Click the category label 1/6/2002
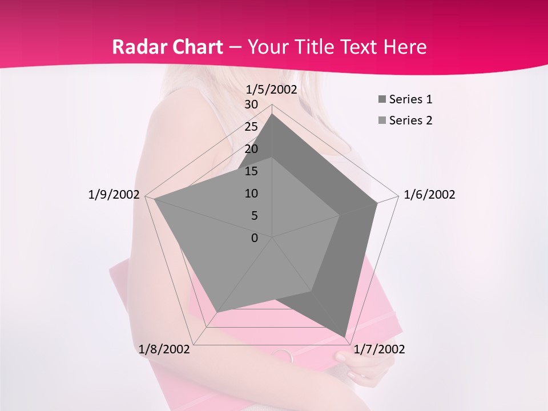(429, 195)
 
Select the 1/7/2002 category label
(379, 349)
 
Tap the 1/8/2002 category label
(164, 349)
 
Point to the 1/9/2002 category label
(114, 195)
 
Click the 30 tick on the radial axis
(251, 104)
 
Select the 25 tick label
(251, 127)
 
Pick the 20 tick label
(251, 149)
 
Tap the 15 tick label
(251, 171)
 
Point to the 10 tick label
(251, 194)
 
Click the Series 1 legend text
(410, 99)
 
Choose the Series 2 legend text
(410, 120)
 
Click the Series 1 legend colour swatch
(382, 100)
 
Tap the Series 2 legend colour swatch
(382, 120)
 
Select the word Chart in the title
(196, 47)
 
